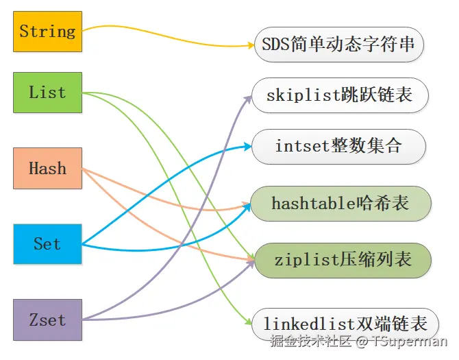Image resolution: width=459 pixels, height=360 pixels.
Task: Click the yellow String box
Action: [47, 31]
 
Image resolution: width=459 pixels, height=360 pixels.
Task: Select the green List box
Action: [47, 93]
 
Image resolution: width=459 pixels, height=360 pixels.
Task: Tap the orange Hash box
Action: [47, 168]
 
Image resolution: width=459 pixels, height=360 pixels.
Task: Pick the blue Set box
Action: [47, 243]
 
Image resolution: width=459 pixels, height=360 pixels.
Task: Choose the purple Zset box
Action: [47, 320]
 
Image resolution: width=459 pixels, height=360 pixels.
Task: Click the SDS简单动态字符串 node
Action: [338, 45]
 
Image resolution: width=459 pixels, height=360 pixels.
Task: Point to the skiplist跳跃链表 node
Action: [340, 95]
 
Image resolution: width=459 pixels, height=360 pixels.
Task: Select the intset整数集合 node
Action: [338, 146]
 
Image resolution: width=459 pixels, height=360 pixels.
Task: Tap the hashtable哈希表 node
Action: [340, 203]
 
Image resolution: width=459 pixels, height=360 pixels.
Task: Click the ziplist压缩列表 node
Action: [343, 260]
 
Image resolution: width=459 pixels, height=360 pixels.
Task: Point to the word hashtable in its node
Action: [313, 203]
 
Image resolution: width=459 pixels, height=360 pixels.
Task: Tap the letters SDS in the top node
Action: [273, 45]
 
